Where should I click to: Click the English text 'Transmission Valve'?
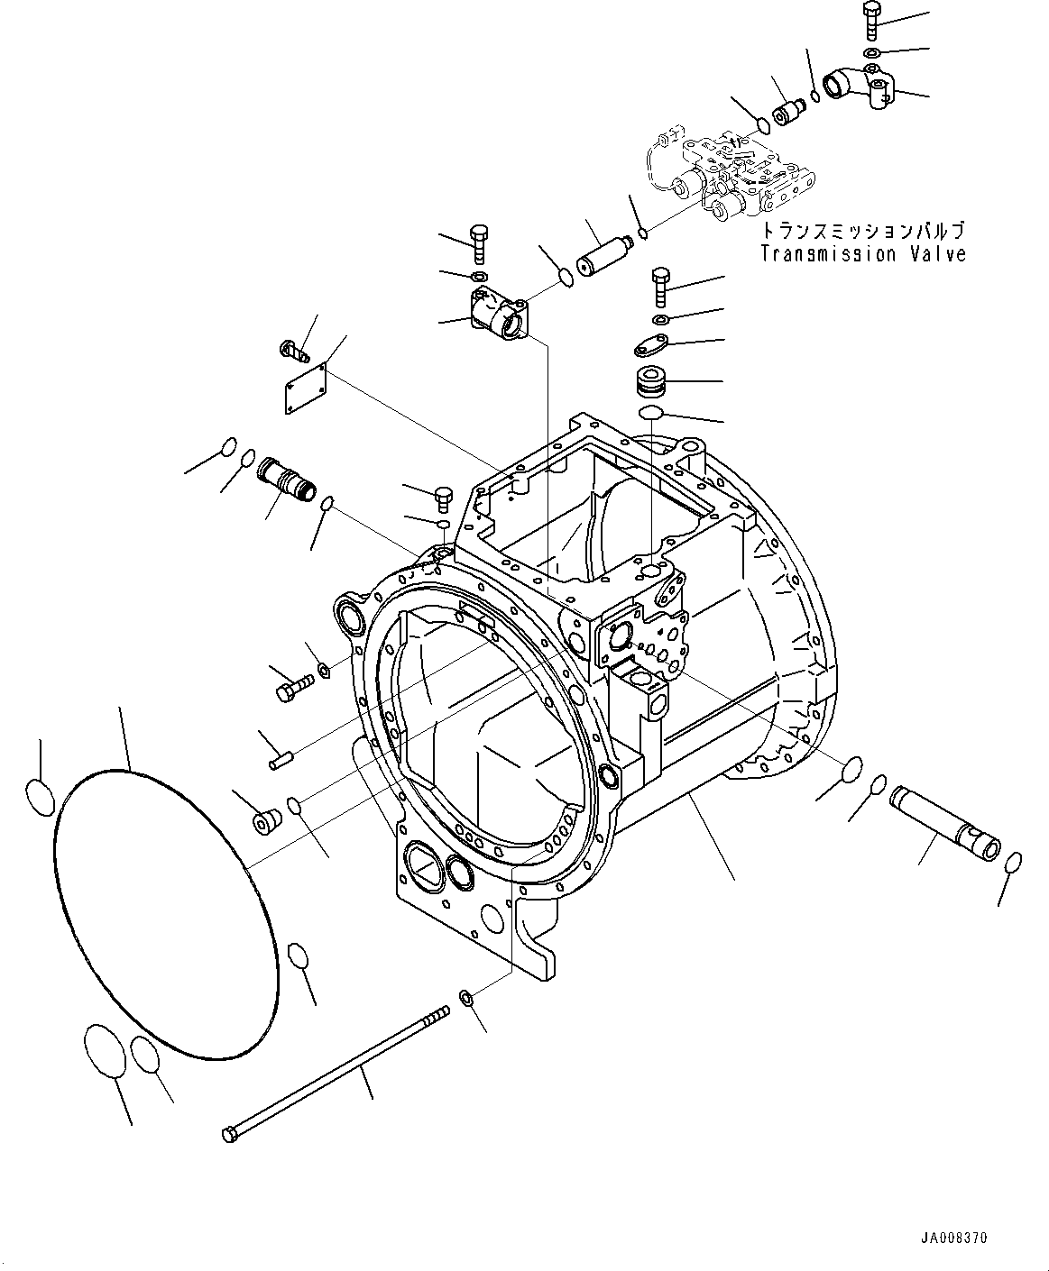click(x=862, y=254)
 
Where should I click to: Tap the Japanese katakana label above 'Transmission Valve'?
click(x=862, y=231)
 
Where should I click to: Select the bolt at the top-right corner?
click(x=871, y=20)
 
